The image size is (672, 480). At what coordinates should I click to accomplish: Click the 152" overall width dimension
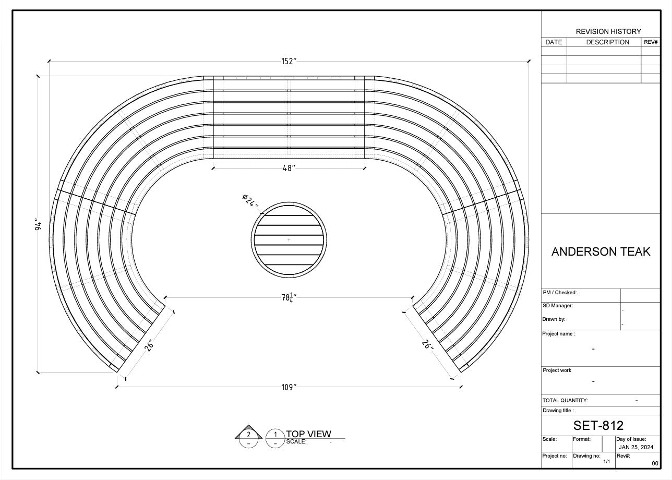tap(289, 61)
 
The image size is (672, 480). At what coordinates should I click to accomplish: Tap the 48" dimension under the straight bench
tap(289, 168)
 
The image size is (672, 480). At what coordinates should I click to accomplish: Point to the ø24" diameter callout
tap(250, 200)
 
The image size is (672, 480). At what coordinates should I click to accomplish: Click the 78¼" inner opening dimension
tap(289, 297)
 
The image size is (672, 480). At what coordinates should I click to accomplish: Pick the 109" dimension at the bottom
tap(289, 387)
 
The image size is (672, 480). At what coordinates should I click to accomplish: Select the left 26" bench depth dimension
tap(149, 345)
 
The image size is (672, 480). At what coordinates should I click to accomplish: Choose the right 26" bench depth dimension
tap(427, 345)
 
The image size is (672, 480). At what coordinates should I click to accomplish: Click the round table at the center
tap(289, 239)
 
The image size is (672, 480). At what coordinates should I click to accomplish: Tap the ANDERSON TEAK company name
tap(601, 251)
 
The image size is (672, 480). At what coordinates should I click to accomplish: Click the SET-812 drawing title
tap(598, 425)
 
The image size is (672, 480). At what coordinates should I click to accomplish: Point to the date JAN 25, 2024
tap(635, 447)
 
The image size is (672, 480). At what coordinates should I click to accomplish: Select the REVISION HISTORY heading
tap(608, 31)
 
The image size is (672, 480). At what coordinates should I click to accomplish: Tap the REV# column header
tap(651, 42)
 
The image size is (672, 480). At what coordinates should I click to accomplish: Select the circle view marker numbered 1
tap(275, 435)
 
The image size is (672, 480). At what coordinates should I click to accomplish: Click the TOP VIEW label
tap(308, 434)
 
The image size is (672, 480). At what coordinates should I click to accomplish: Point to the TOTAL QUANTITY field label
tap(565, 401)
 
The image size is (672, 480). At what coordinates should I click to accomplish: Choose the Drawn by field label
tap(554, 319)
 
